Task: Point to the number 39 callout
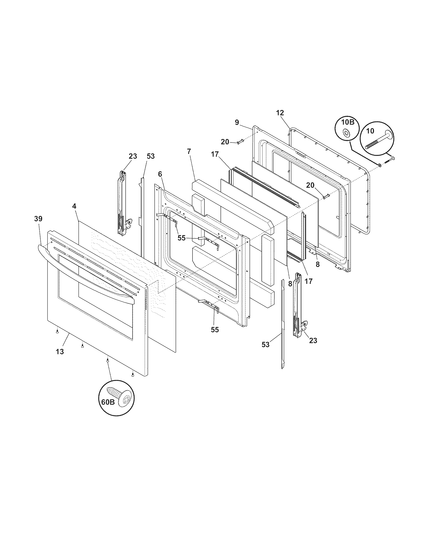coord(38,218)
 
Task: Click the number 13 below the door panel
coord(60,352)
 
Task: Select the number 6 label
coord(159,174)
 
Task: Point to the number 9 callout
coord(237,122)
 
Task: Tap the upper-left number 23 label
coord(133,156)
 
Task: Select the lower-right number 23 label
coord(313,340)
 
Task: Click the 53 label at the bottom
coord(265,345)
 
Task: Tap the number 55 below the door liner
coord(215,330)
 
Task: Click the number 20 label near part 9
coord(225,142)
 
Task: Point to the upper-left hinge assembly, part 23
coord(122,203)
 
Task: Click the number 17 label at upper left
coord(215,154)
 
